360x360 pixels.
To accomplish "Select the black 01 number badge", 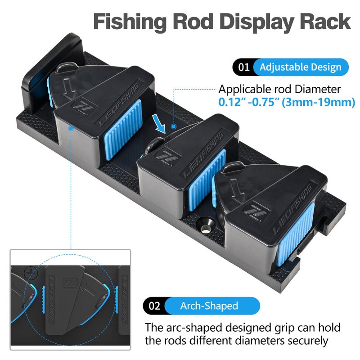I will (244, 67).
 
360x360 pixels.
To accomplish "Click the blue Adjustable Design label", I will (300, 67).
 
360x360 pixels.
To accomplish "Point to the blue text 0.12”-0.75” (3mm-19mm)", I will (287, 102).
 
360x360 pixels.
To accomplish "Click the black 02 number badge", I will (154, 306).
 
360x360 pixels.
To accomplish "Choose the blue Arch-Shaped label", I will (209, 306).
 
